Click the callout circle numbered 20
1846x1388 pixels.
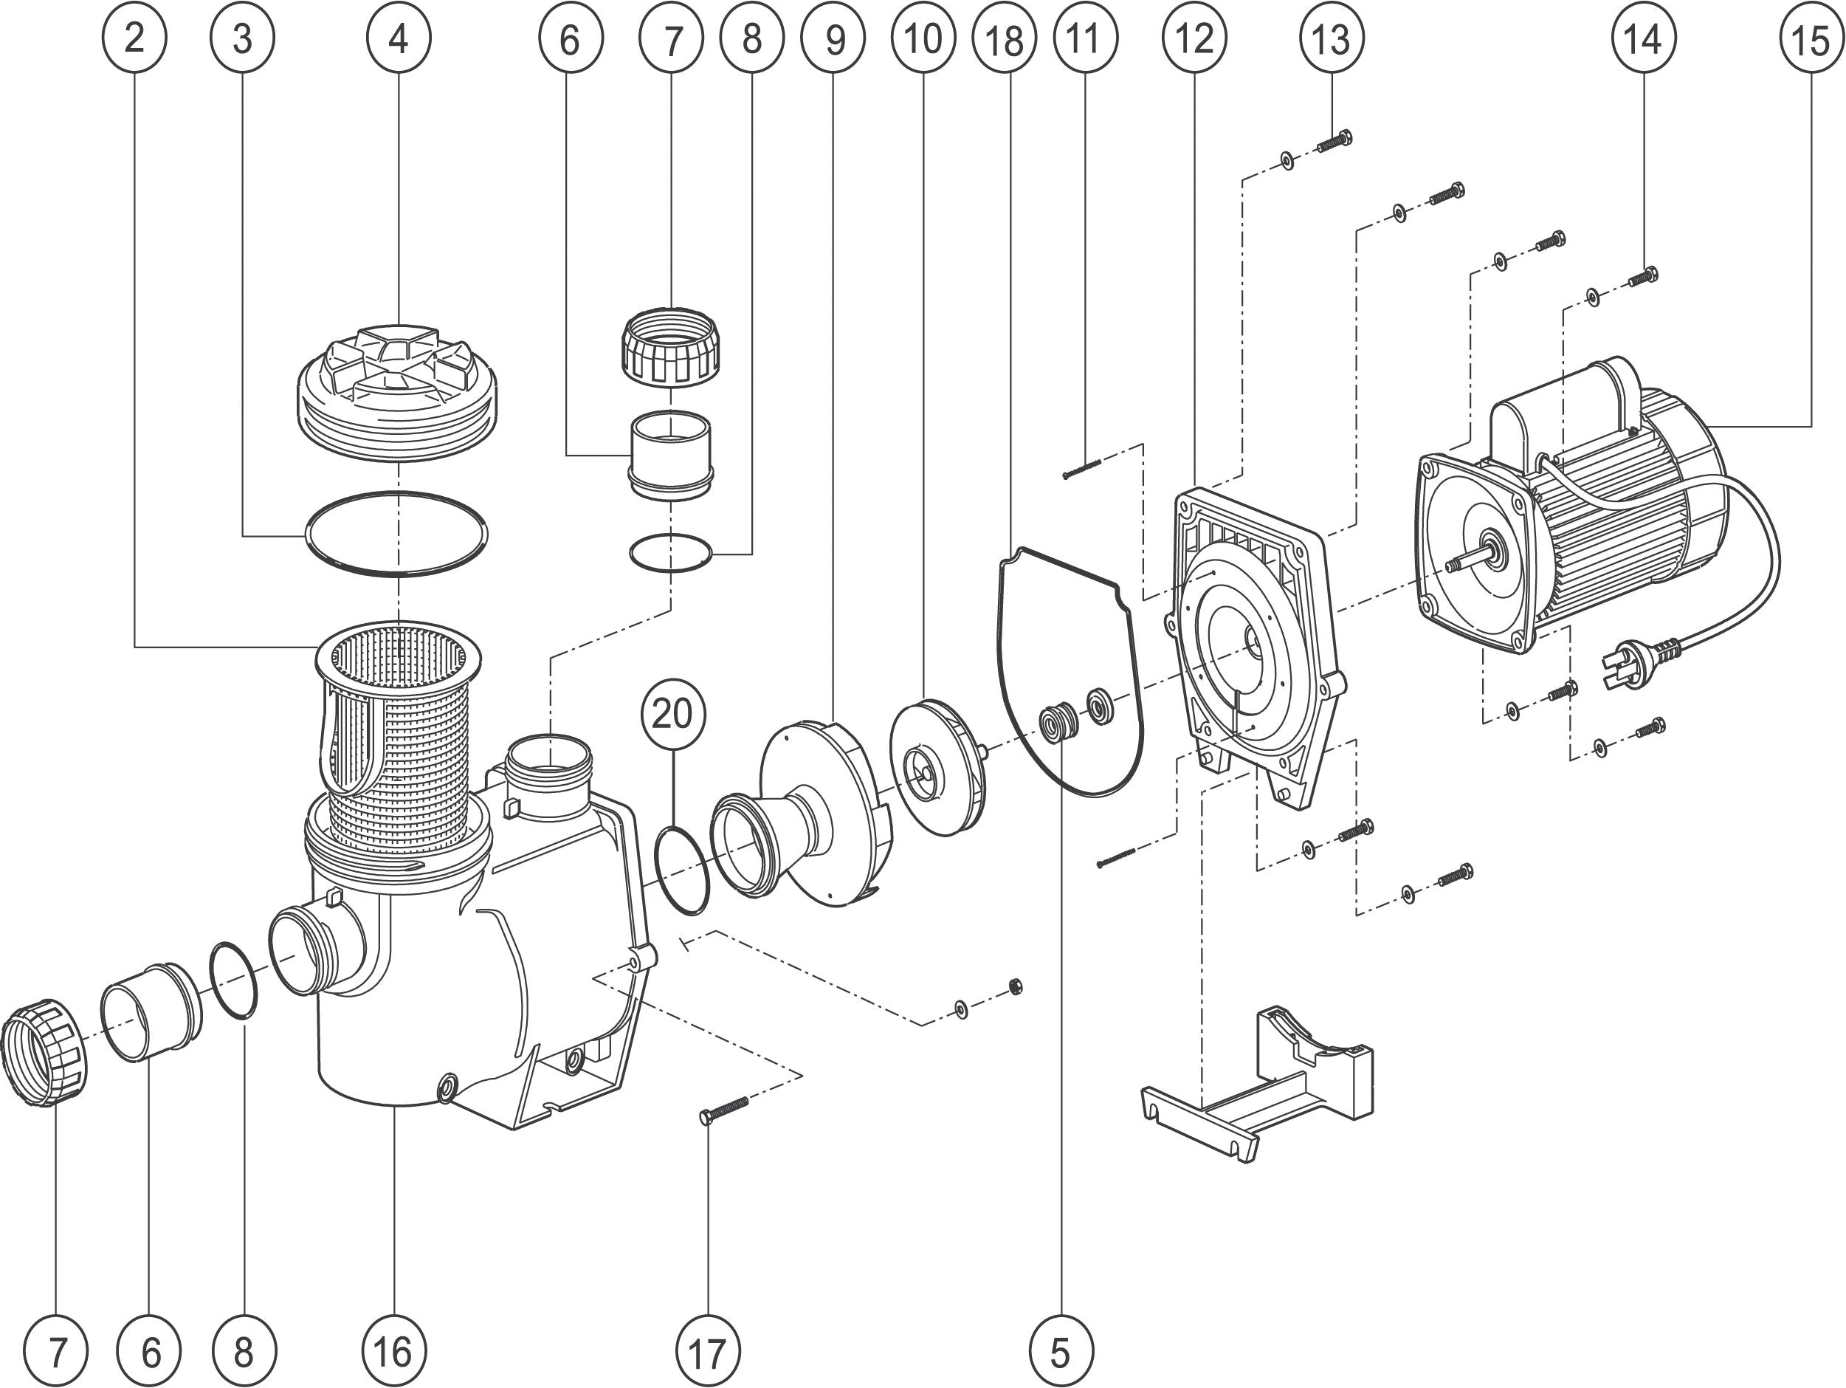672,715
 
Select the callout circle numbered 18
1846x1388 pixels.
1005,39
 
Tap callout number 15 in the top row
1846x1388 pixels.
1809,39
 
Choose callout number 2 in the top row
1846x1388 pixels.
134,38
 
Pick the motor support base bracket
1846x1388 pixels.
1256,1082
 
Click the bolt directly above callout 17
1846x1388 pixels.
724,1108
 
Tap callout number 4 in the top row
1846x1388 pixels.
399,38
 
